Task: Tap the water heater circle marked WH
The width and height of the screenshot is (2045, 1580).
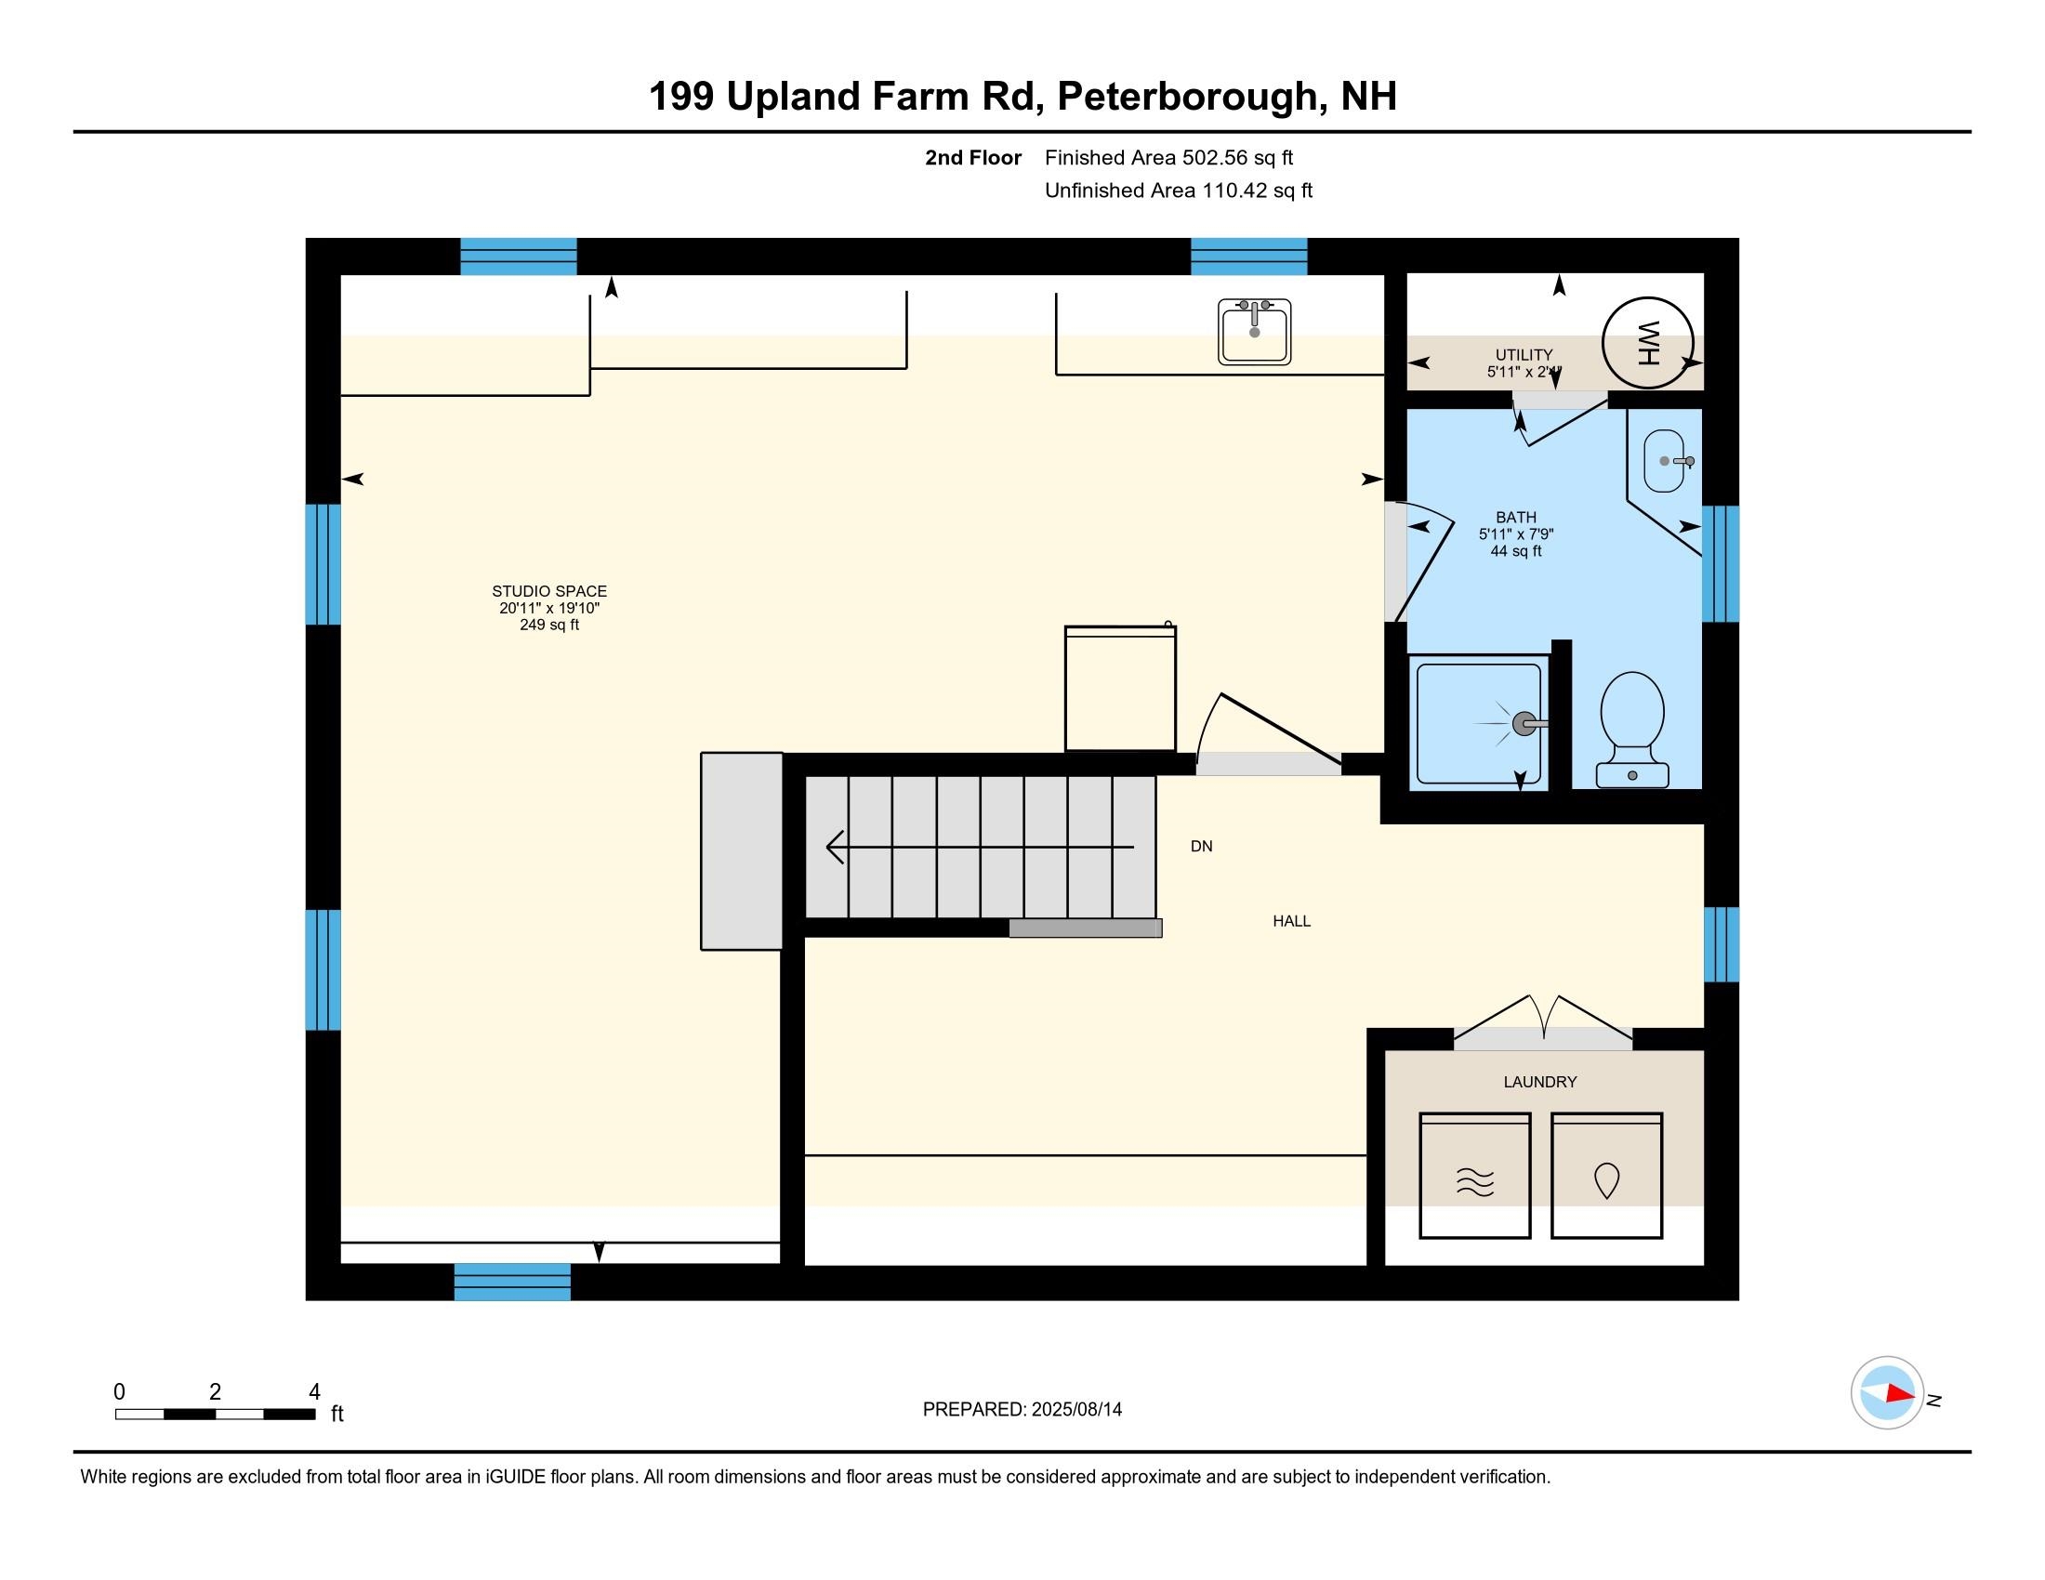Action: pyautogui.click(x=1647, y=343)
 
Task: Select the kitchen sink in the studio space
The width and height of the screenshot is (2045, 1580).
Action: pyautogui.click(x=1254, y=332)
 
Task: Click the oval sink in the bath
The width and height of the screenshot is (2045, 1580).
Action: pyautogui.click(x=1664, y=460)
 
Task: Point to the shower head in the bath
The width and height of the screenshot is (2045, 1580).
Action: pyautogui.click(x=1524, y=723)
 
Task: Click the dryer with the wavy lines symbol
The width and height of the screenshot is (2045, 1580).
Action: pyautogui.click(x=1475, y=1175)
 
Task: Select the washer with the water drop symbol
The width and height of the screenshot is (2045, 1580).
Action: pyautogui.click(x=1607, y=1175)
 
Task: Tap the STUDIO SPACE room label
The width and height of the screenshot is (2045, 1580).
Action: pyautogui.click(x=549, y=590)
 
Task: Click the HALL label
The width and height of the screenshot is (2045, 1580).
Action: pyautogui.click(x=1291, y=921)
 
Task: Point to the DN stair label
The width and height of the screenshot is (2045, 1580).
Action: pyautogui.click(x=1201, y=846)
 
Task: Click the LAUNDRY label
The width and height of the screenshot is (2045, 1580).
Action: pyautogui.click(x=1540, y=1082)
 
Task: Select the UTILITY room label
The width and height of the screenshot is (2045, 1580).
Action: pyautogui.click(x=1524, y=355)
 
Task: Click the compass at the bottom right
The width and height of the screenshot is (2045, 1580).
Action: pyautogui.click(x=1887, y=1393)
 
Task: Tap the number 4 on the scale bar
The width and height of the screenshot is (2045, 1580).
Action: pyautogui.click(x=314, y=1391)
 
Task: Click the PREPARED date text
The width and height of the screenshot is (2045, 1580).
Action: pyautogui.click(x=1022, y=1410)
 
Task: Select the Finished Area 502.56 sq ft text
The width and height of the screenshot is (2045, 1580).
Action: pyautogui.click(x=1168, y=158)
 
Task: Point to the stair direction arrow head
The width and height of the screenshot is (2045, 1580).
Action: pyautogui.click(x=835, y=847)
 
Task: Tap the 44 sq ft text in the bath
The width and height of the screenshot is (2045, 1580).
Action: pyautogui.click(x=1516, y=551)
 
